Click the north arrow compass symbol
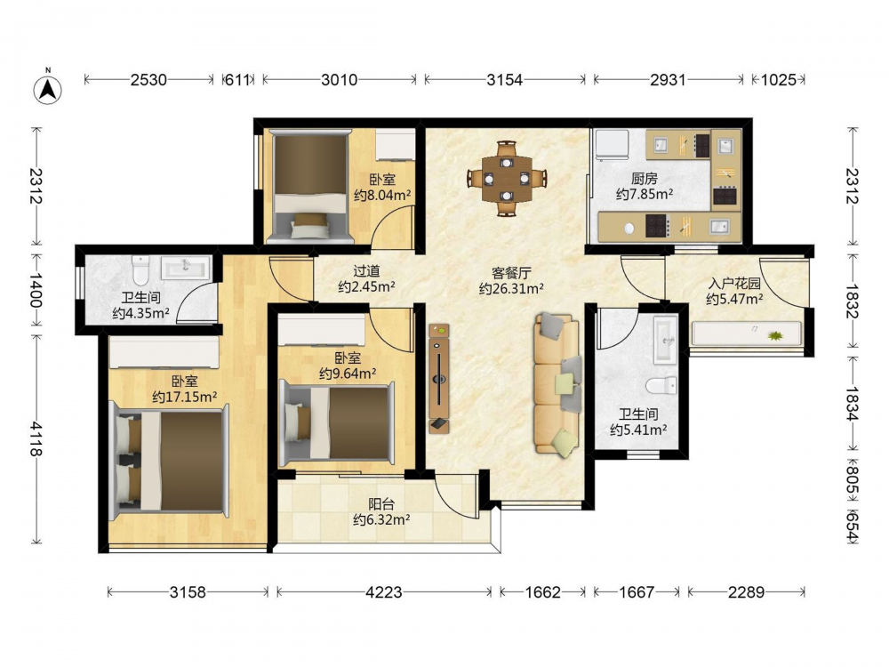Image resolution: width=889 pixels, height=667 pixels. point(48,88)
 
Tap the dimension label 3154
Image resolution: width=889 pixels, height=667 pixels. point(505,80)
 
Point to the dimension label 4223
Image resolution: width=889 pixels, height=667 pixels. point(384,592)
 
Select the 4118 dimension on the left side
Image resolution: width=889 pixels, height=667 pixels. point(36,438)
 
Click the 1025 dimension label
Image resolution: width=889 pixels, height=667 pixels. point(778,80)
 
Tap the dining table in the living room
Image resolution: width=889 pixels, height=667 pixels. point(507,179)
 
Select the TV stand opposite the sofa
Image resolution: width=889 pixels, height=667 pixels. point(439,378)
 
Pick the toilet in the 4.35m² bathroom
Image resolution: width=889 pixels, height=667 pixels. point(140,270)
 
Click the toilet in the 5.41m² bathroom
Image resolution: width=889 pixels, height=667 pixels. point(661,385)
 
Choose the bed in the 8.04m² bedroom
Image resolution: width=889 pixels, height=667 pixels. point(309,186)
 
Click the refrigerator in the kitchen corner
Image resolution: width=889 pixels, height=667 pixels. point(612,146)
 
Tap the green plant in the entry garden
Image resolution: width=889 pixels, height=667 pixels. point(774,336)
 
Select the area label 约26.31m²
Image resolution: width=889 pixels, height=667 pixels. point(511,289)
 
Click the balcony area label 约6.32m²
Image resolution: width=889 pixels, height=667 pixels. point(381,519)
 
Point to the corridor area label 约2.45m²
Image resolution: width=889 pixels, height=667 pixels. point(366,287)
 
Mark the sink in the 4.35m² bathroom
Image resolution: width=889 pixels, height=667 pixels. point(187,268)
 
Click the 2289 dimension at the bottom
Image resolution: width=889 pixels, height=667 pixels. point(746,592)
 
